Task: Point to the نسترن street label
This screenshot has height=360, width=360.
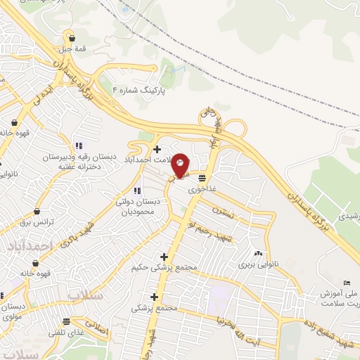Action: click(x=230, y=212)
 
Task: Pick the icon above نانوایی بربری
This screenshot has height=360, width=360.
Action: click(x=259, y=254)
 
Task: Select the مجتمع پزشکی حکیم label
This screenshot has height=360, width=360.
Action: click(x=162, y=267)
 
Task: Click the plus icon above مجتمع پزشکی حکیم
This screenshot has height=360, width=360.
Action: click(x=164, y=257)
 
